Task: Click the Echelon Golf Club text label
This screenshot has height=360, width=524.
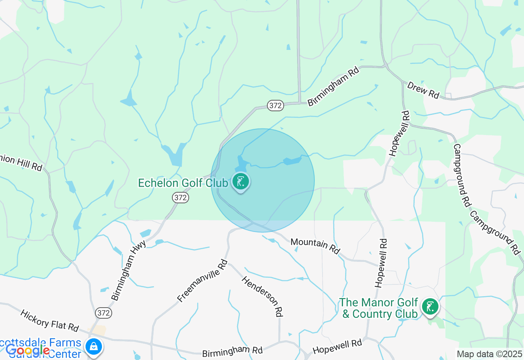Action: click(x=183, y=183)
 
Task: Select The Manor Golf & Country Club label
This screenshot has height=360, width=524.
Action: click(x=379, y=308)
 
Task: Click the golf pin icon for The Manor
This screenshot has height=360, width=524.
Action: click(x=430, y=307)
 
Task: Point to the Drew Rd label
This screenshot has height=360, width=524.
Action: click(x=423, y=90)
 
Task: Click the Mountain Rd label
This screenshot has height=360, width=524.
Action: click(x=315, y=246)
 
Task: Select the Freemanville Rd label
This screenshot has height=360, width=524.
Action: click(x=202, y=281)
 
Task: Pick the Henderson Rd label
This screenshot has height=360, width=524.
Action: click(x=262, y=296)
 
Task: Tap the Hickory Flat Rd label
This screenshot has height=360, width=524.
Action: click(x=50, y=321)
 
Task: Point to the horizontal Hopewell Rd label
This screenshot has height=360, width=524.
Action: click(x=337, y=346)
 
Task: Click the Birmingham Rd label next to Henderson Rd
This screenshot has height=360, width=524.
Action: click(x=233, y=351)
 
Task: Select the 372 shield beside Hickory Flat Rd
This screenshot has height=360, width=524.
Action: click(x=104, y=313)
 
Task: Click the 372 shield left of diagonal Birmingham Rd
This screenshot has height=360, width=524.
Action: click(x=276, y=106)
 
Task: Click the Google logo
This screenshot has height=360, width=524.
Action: click(x=27, y=350)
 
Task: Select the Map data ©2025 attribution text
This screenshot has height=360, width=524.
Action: click(x=489, y=354)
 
